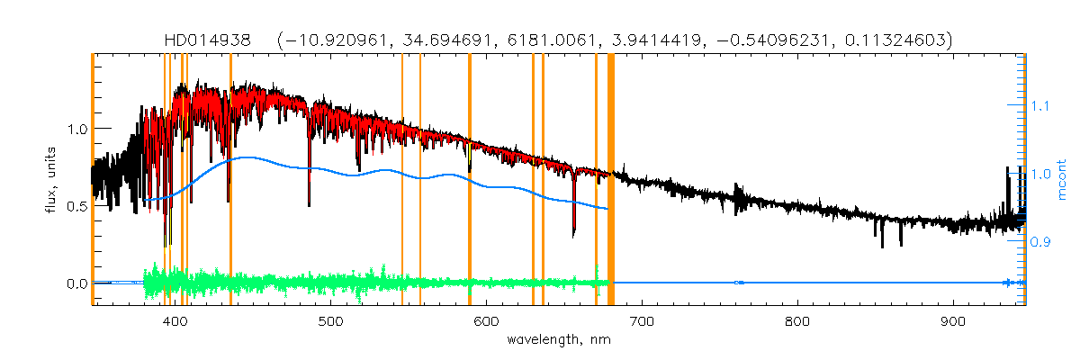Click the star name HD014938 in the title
(212, 40)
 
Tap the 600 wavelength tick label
(486, 321)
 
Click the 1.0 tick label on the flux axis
(76, 129)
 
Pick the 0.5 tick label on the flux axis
(76, 206)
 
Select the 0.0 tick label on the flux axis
(76, 283)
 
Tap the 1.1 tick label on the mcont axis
(1041, 106)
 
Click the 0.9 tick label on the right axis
(1041, 242)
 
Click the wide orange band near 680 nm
(611, 180)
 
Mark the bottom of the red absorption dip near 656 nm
(573, 236)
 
